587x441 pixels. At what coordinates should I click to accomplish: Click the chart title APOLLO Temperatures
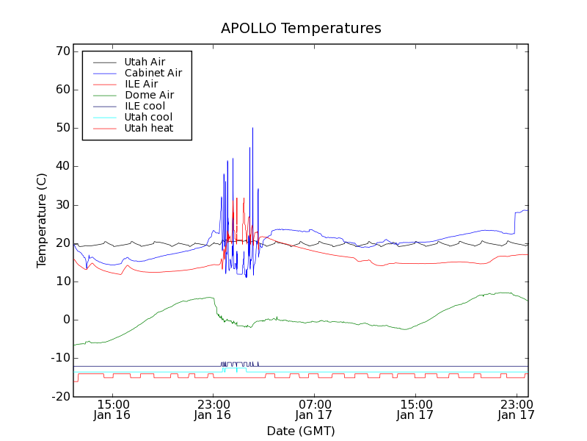point(301,29)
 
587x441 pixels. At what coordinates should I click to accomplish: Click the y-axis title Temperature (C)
point(42,220)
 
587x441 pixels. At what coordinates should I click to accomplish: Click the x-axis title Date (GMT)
point(301,431)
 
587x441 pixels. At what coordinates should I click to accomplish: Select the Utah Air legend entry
point(145,62)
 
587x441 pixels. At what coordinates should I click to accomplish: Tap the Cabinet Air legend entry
point(153,73)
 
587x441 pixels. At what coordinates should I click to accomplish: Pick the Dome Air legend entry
point(149,95)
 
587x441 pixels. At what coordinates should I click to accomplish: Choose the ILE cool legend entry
point(145,106)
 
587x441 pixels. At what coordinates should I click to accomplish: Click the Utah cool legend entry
point(148,117)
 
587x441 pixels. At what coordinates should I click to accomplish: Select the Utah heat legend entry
point(149,128)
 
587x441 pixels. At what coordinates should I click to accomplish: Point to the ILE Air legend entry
point(141,84)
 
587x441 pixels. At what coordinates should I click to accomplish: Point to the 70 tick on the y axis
point(62,51)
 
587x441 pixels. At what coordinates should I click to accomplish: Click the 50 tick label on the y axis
point(62,128)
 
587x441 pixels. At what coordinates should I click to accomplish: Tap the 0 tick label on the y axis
point(65,320)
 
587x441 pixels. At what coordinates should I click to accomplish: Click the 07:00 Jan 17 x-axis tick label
point(314,409)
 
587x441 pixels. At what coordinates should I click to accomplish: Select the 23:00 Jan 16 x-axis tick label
point(213,409)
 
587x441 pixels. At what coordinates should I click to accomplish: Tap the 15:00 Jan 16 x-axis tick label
point(113,409)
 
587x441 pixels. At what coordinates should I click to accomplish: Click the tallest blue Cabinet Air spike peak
point(252,129)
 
